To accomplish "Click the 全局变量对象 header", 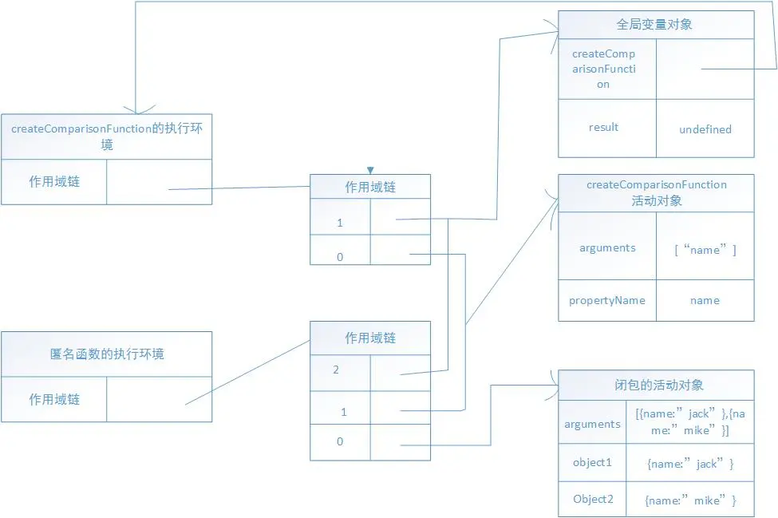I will pos(654,25).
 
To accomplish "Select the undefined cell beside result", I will pos(705,129).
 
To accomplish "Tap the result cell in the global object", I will pos(604,128).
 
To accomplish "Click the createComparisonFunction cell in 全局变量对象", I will pos(604,69).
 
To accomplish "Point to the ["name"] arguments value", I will pos(705,250).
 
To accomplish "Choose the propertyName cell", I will pos(607,300).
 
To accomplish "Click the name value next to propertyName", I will pos(705,300).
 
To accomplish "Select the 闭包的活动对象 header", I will pos(654,385).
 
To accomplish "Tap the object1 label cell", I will pos(592,463).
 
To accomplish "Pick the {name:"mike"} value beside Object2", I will pos(689,500).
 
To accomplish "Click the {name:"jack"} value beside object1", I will pos(689,464).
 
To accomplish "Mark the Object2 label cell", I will pos(592,500).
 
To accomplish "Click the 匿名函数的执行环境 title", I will pos(107,354).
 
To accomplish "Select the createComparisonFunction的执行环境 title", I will pos(107,136).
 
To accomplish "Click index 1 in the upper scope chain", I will pos(340,223).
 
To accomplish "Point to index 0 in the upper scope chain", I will pos(340,257).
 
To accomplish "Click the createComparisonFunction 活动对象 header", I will pos(656,192).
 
